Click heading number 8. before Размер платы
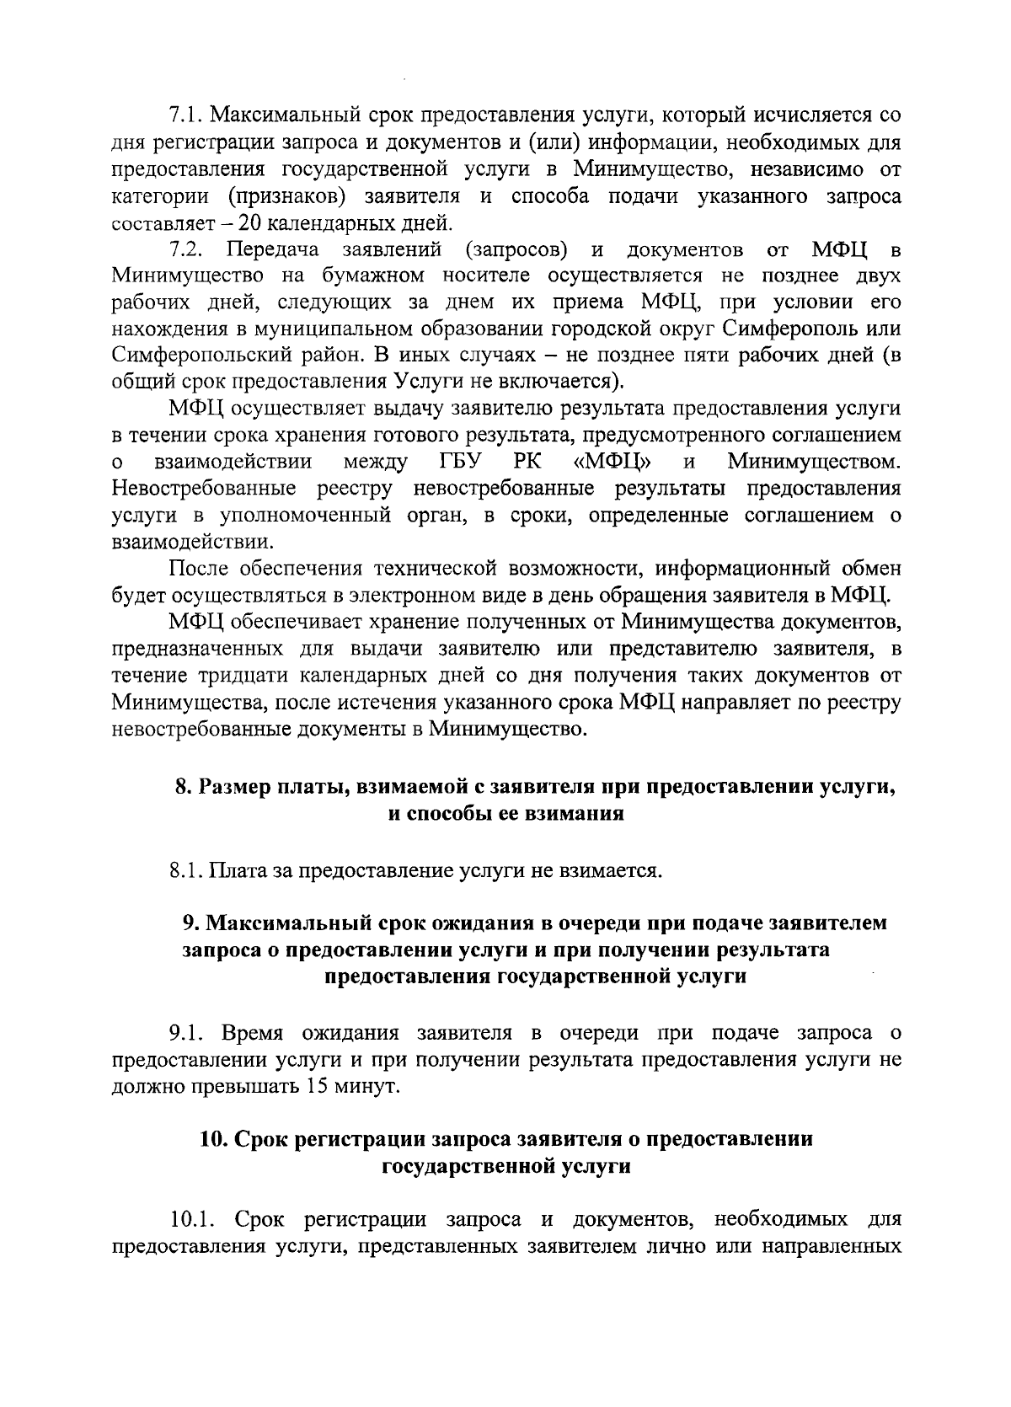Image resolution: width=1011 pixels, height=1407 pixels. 182,789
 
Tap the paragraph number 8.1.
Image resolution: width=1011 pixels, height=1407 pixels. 184,869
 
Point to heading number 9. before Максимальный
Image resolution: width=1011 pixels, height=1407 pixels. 190,923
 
